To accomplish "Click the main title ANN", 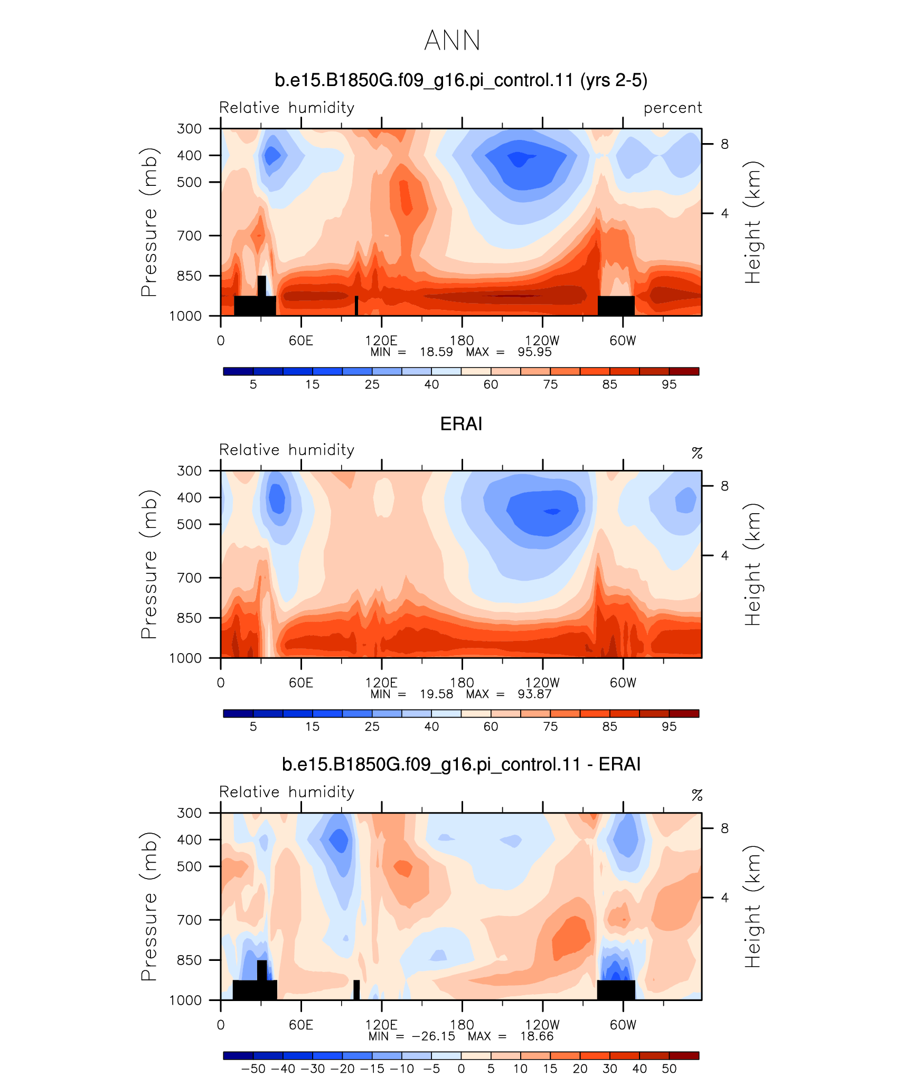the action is point(452,41).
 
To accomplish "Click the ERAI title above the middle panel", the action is point(461,424).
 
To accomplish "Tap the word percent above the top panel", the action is point(673,108).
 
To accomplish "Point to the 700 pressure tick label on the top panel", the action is point(190,235).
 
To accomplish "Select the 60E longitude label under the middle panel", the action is point(301,683).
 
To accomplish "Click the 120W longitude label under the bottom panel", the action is point(542,1025).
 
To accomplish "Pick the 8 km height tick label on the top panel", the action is point(725,144).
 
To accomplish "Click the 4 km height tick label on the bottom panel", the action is point(725,898).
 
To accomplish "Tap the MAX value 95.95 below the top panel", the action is point(534,352).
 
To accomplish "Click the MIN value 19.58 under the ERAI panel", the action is point(436,694).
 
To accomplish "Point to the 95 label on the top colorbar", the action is point(669,384).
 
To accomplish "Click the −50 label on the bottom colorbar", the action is point(253,1069).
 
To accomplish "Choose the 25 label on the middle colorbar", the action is point(372,726).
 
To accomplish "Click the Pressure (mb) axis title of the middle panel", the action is point(149,564).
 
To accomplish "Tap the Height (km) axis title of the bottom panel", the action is point(752,906).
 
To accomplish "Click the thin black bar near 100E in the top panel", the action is point(356,306).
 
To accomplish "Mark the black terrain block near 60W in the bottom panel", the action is point(616,990).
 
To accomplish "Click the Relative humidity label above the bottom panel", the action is point(287,792).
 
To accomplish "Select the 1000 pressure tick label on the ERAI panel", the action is point(185,658).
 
